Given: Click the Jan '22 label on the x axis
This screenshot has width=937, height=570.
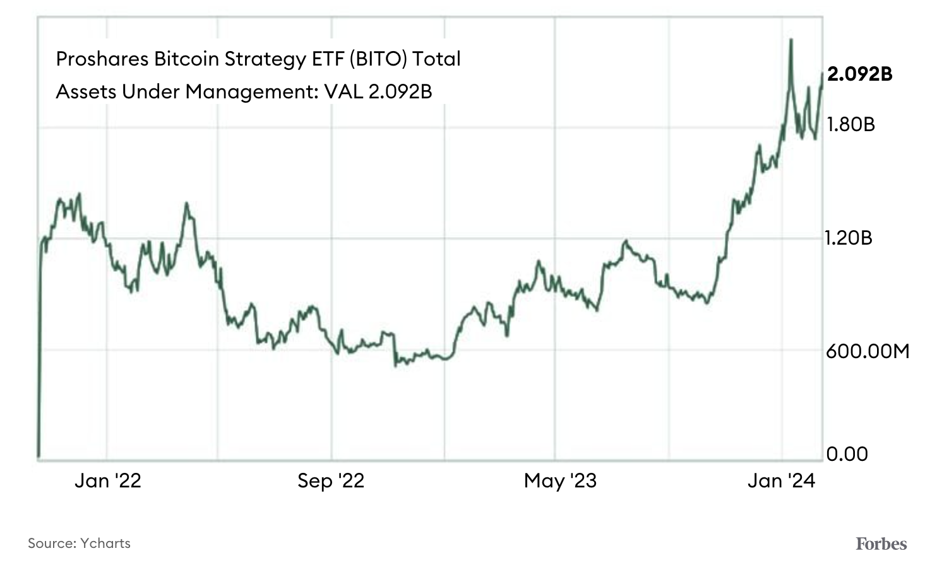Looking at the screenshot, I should tap(107, 481).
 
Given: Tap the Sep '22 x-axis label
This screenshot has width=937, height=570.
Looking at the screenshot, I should tap(331, 481).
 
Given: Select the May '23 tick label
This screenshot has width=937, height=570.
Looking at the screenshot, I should tap(560, 481).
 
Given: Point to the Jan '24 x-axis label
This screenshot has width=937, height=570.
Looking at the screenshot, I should tap(781, 481).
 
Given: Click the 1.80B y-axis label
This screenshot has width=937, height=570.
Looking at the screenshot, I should tap(850, 125).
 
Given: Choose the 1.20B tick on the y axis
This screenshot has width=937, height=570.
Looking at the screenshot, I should tap(849, 238).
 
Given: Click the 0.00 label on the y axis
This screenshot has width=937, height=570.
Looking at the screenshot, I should tap(847, 454).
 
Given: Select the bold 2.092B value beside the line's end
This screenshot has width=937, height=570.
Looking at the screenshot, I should tap(859, 74).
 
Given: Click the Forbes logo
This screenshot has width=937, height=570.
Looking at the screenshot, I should tap(881, 544).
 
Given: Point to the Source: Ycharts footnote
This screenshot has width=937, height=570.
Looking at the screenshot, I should tap(79, 543).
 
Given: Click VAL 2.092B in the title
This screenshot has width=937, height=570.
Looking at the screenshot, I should tap(378, 92).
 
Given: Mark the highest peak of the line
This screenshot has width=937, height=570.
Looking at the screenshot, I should tap(791, 40).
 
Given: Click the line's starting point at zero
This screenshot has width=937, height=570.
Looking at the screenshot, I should tap(39, 456).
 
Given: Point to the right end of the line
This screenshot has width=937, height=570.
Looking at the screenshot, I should tap(821, 74).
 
